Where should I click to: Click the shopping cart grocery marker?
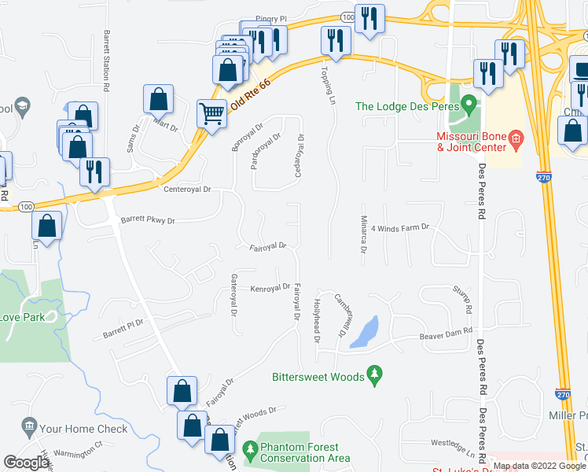tap(211, 114)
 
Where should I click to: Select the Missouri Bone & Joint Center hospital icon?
tap(516, 141)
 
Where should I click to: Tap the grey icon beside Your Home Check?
tap(28, 429)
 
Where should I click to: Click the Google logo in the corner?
tap(27, 463)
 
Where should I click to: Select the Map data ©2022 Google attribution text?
tap(538, 466)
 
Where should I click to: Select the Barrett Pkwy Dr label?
tap(147, 221)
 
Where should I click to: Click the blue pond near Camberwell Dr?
tap(365, 332)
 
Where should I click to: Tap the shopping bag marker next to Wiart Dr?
tap(158, 99)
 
